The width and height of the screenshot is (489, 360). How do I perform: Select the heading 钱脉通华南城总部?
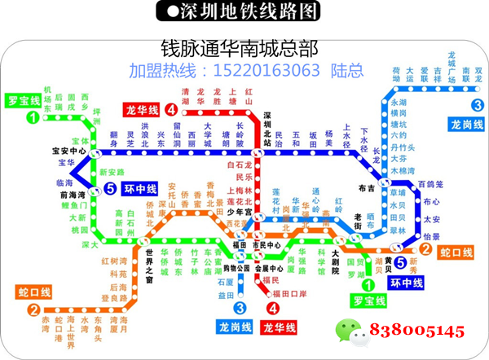(x=238, y=46)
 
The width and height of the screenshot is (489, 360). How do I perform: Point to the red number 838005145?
(x=417, y=331)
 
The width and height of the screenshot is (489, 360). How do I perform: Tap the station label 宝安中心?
(x=69, y=151)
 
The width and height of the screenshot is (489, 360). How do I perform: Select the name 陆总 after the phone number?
(x=346, y=70)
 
